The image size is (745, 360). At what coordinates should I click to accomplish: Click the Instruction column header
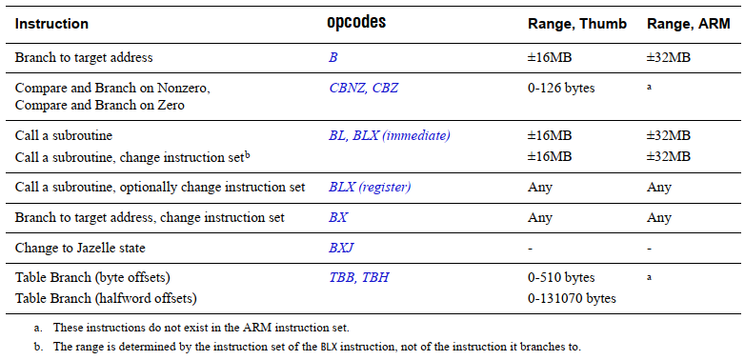coord(51,23)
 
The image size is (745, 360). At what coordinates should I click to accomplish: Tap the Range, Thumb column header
coord(576,23)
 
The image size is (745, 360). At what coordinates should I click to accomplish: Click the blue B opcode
coord(333,57)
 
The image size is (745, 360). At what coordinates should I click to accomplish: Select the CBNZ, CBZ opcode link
coord(364,88)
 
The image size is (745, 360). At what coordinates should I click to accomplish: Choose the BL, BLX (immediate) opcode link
coord(389,135)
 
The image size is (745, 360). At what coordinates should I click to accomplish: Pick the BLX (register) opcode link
coord(370,187)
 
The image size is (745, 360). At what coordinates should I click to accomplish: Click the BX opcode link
coord(338,217)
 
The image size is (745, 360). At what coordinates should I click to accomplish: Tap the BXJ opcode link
coord(341,248)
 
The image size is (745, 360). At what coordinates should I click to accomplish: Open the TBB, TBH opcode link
coord(359,278)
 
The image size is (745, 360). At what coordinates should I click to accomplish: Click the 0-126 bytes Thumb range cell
coord(561,88)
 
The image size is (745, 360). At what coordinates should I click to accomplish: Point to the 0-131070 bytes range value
coord(572,298)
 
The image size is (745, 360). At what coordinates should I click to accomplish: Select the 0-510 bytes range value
coord(561,278)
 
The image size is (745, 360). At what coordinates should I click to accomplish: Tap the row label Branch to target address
coord(84,57)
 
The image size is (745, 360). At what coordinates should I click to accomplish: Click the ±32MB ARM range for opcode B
coord(668,57)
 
